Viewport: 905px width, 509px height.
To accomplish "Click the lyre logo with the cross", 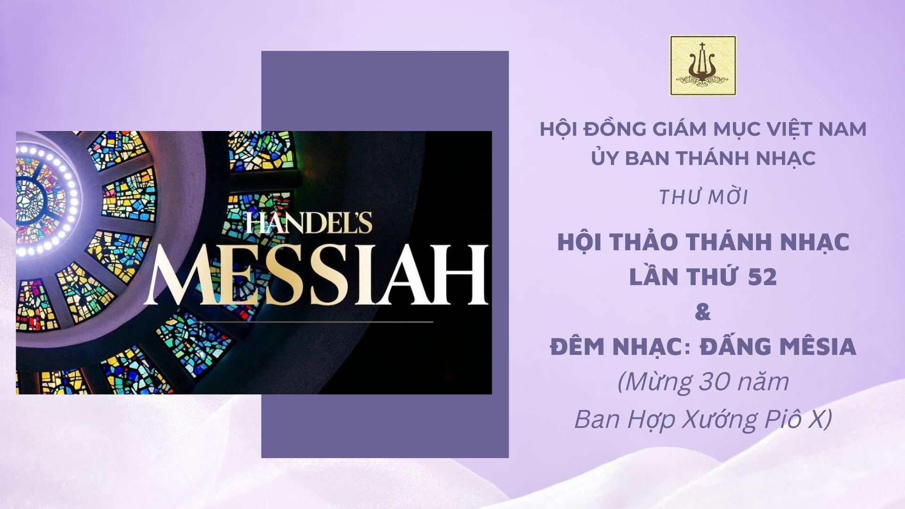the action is (x=703, y=66).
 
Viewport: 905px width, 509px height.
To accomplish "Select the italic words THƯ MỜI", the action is (x=703, y=198).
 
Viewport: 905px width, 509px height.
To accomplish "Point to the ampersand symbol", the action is (x=703, y=312).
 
